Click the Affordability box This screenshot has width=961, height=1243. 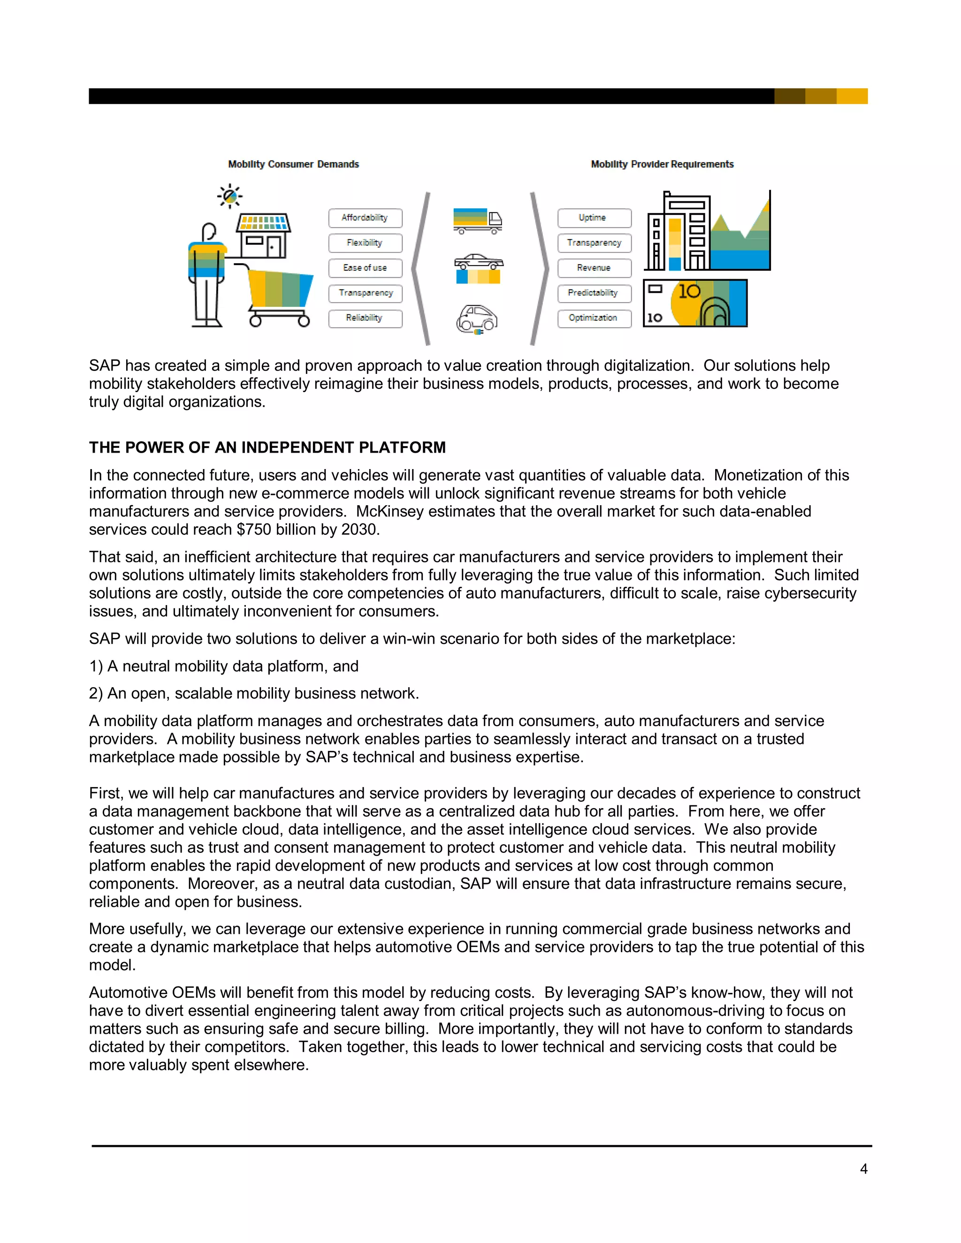[x=365, y=218]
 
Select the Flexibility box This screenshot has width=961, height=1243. [x=365, y=243]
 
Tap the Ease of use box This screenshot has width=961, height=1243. [x=365, y=268]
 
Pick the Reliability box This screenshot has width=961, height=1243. [x=365, y=318]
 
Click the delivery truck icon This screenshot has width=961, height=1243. [x=478, y=221]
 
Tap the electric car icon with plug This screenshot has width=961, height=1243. [x=477, y=319]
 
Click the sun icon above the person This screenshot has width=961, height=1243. [x=229, y=197]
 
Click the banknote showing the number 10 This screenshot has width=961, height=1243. [x=694, y=303]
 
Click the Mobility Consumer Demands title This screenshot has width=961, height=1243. [x=293, y=165]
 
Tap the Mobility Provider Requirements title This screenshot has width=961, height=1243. [x=662, y=165]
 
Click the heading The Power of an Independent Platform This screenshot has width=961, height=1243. [x=267, y=447]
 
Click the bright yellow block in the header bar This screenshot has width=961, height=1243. [x=852, y=96]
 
